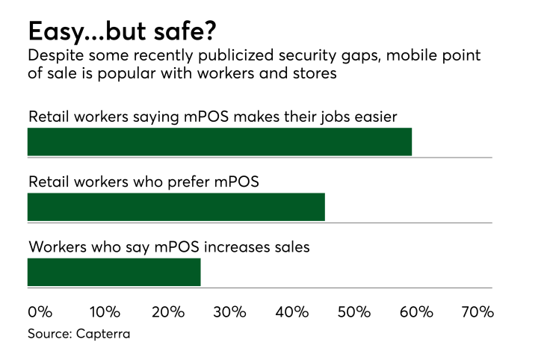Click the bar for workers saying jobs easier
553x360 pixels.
[x=219, y=142]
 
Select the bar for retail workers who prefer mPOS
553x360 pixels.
[x=176, y=207]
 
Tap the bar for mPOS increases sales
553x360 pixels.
[x=114, y=272]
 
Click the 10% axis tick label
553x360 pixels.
[x=105, y=312]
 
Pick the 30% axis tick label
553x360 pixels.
[x=230, y=312]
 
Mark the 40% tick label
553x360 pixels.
[x=292, y=312]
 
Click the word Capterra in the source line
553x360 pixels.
[x=103, y=334]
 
